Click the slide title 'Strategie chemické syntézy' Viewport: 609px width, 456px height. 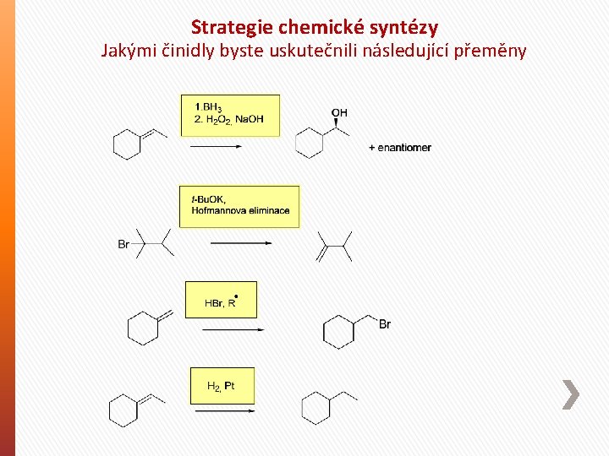click(x=315, y=27)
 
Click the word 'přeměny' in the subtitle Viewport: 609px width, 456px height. click(x=491, y=51)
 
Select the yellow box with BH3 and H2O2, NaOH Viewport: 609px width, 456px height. click(x=230, y=114)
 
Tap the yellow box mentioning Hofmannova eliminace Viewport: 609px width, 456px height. click(x=239, y=206)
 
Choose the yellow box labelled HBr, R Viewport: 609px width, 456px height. click(x=221, y=300)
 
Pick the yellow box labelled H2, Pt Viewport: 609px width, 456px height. click(x=222, y=386)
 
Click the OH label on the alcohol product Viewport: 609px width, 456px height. click(x=339, y=113)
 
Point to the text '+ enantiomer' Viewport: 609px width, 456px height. click(x=400, y=148)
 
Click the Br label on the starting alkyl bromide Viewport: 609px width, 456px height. click(x=123, y=245)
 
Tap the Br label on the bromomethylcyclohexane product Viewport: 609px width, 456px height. click(x=385, y=324)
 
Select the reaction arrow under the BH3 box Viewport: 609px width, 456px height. click(x=217, y=146)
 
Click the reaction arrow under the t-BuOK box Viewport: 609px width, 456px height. click(x=240, y=243)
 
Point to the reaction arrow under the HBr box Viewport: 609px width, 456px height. click(x=228, y=328)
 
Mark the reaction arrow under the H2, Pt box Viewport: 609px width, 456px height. click(x=224, y=411)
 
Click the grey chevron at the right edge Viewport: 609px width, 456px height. click(x=571, y=394)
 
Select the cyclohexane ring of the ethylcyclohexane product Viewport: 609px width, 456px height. click(x=315, y=408)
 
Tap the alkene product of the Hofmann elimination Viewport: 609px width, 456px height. click(x=333, y=246)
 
